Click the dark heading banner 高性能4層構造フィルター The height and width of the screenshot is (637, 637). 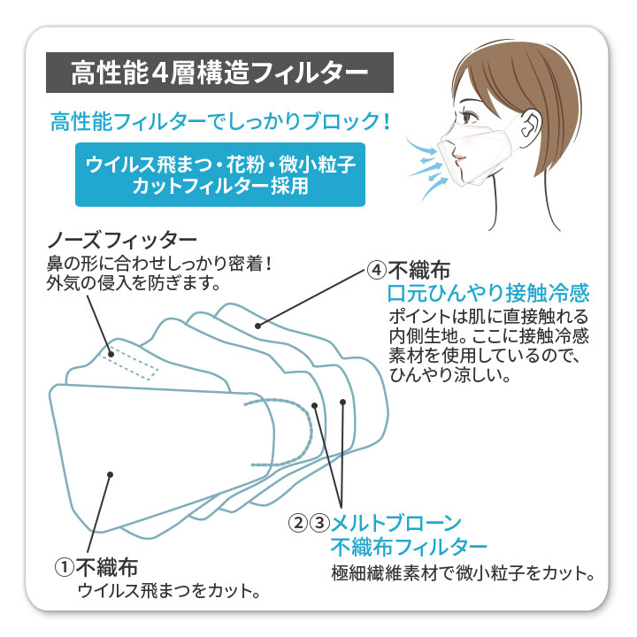(219, 73)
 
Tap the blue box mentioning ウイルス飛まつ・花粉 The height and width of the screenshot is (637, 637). (220, 174)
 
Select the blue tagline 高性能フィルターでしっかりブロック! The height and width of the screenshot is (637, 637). (220, 121)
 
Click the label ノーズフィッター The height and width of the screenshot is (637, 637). (122, 241)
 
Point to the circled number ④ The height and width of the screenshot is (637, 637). (376, 270)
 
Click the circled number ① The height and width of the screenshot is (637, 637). (65, 567)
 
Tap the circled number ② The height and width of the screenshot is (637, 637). (298, 523)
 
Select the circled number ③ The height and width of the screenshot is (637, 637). (319, 523)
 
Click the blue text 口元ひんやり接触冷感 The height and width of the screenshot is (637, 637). (488, 293)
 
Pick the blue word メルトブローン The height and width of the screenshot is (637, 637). (396, 523)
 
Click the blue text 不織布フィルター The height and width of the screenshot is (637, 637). (409, 547)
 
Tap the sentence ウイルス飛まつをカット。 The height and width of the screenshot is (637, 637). (169, 591)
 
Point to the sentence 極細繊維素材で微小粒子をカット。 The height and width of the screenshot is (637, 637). (463, 573)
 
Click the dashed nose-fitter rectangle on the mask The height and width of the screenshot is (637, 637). (130, 364)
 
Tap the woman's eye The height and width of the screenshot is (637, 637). (471, 116)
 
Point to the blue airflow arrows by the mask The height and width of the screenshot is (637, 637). (426, 166)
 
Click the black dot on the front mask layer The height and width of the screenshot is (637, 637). (110, 474)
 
